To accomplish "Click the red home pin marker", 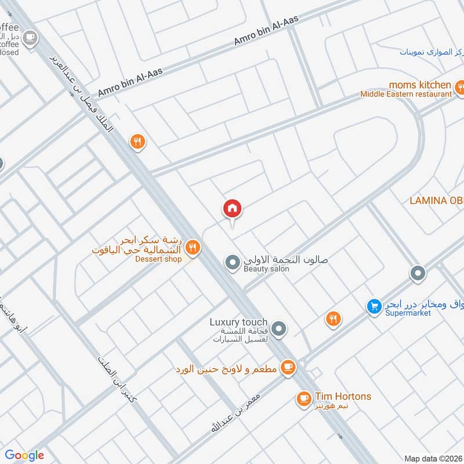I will coord(233,208).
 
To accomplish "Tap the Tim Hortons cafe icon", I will coord(303,398).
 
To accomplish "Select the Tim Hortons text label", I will coord(342,397).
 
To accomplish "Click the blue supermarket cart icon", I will coord(374,305).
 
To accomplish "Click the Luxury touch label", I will coord(238,322).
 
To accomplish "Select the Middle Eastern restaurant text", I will coord(405,94).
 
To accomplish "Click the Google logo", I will coord(24,455).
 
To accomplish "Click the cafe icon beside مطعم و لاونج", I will coord(287,367).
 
